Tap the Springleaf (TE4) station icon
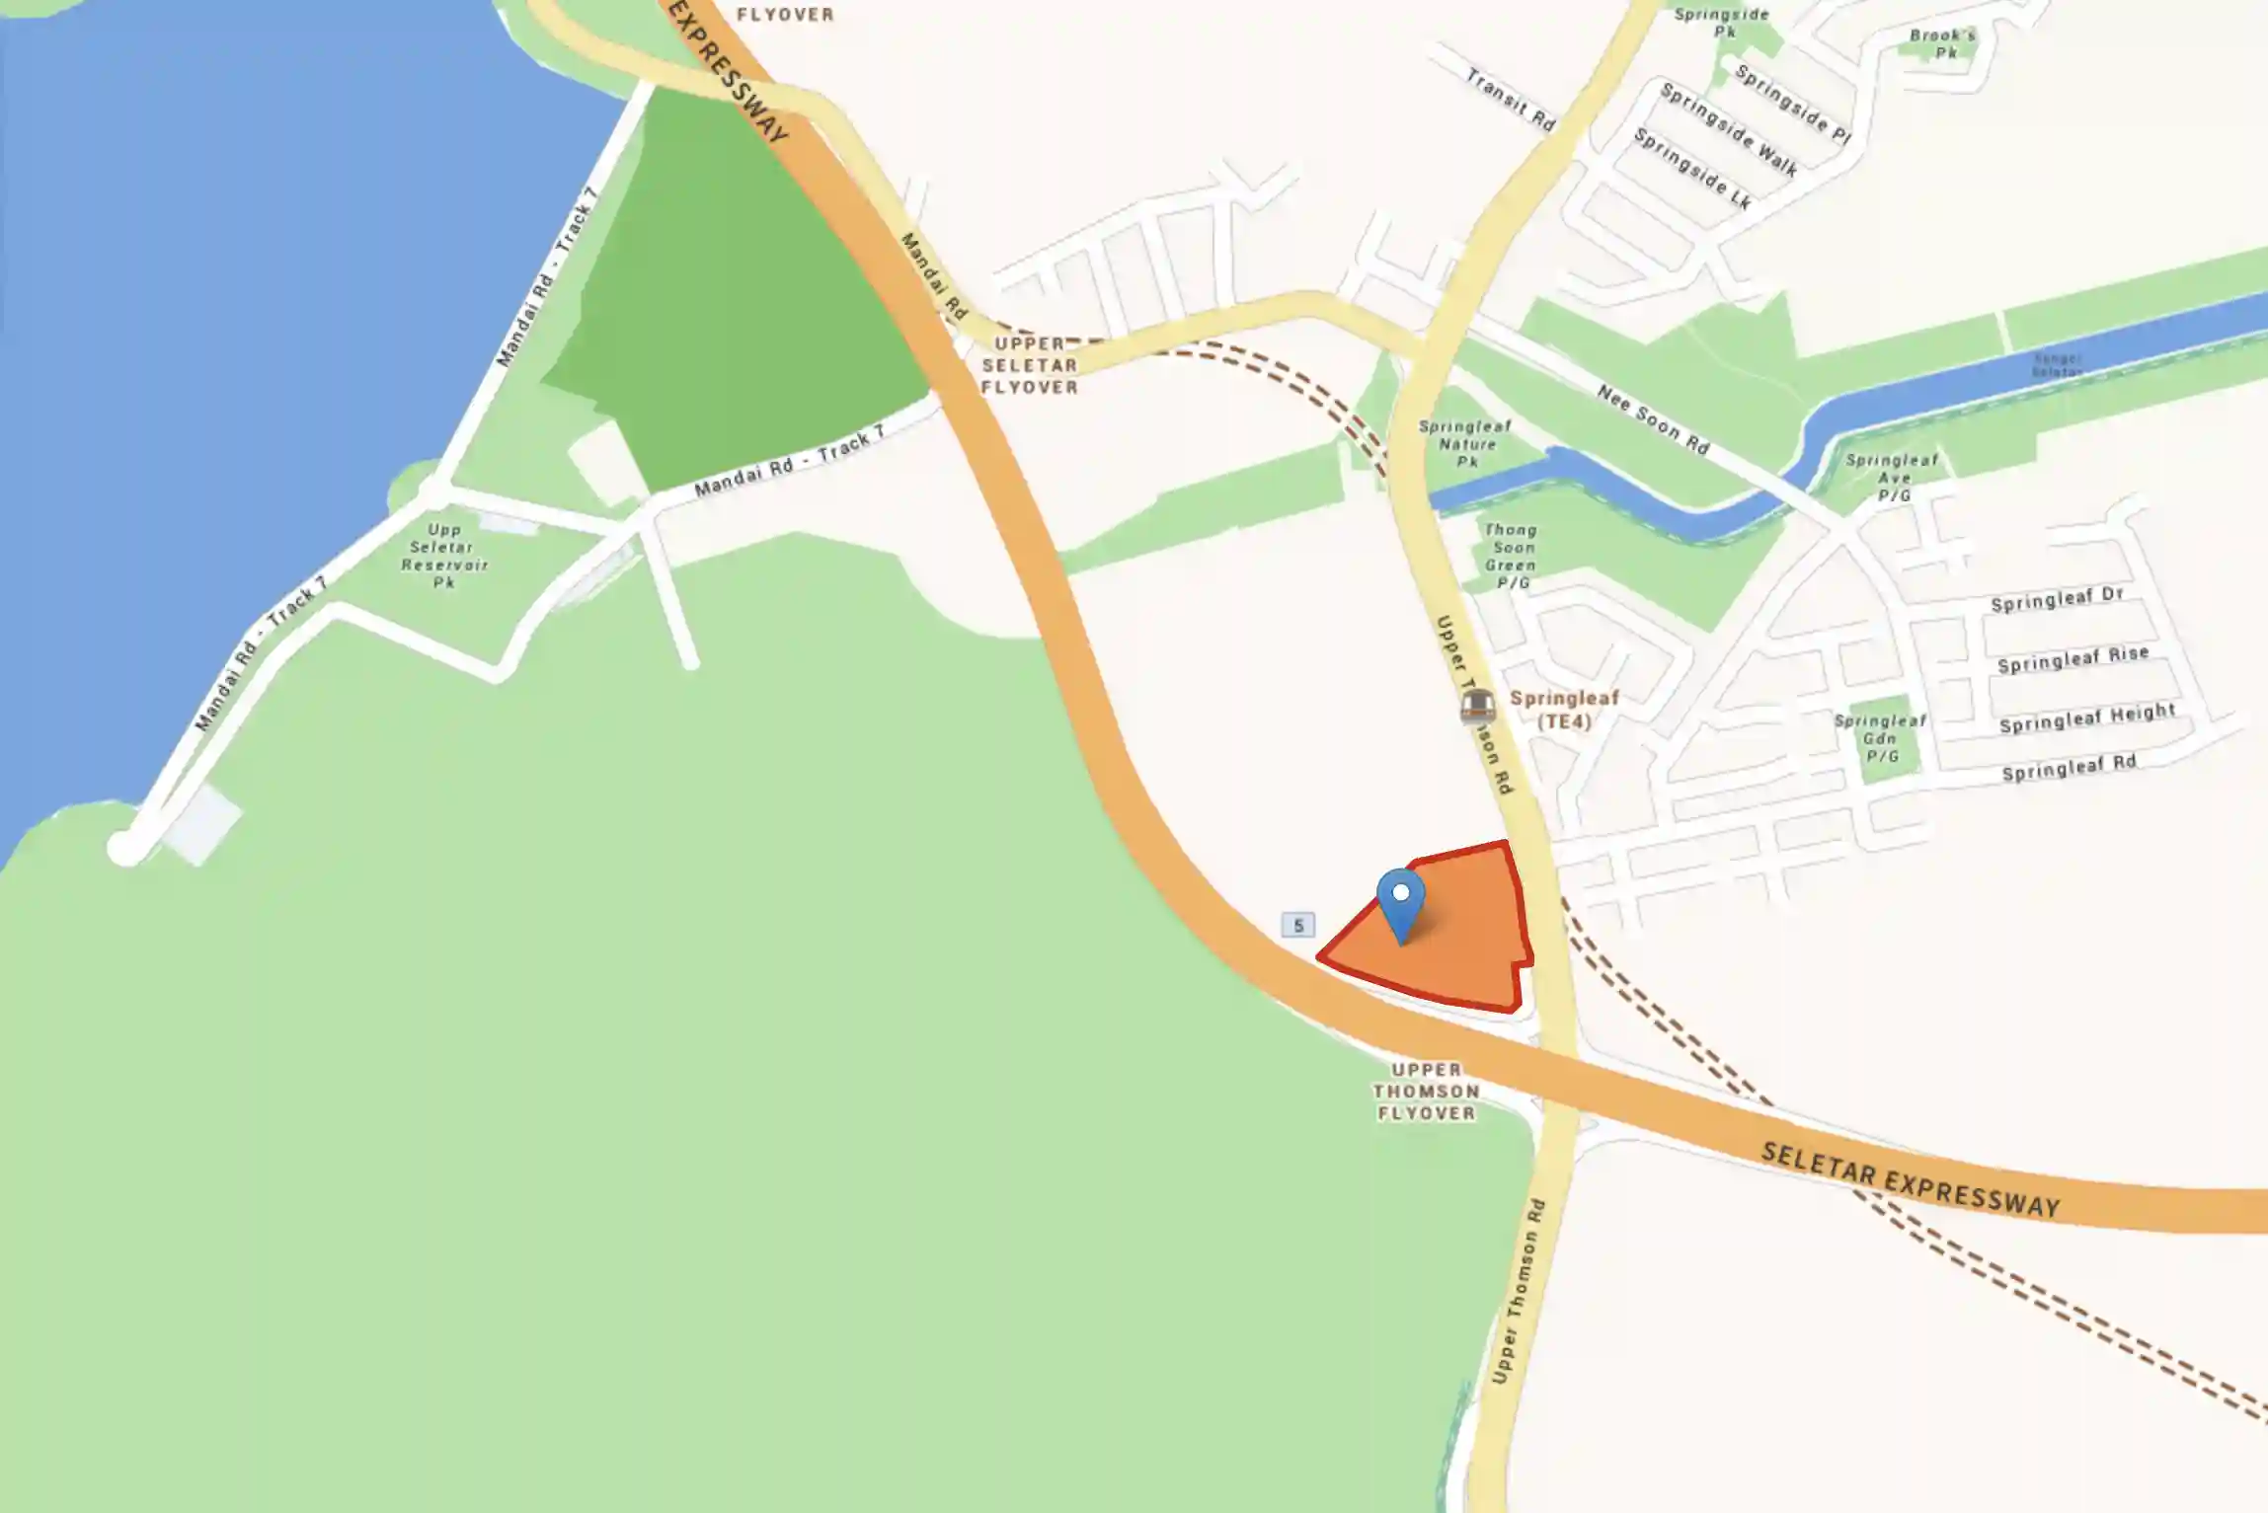point(1476,707)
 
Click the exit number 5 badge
point(1297,925)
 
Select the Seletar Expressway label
point(1910,1180)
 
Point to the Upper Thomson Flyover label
point(1426,1091)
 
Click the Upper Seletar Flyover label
point(1029,365)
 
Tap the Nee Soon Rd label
point(1653,419)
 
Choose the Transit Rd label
point(1510,99)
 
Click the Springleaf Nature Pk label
point(1465,443)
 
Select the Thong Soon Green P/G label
point(1511,556)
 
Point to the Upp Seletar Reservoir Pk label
point(443,556)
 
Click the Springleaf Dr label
point(2056,599)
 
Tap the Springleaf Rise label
point(2072,658)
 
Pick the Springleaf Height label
point(2086,718)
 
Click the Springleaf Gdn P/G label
point(1880,738)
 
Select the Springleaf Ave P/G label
point(1892,478)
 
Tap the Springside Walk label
point(1728,129)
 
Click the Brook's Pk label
point(1943,43)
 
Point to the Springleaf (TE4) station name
point(1565,710)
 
